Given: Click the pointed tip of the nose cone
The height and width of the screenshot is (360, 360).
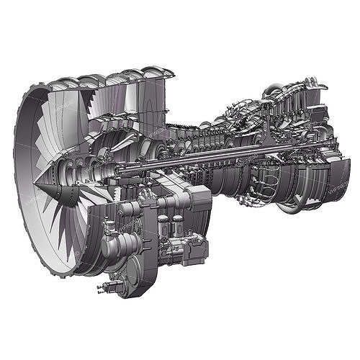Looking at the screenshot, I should click(x=34, y=189).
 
